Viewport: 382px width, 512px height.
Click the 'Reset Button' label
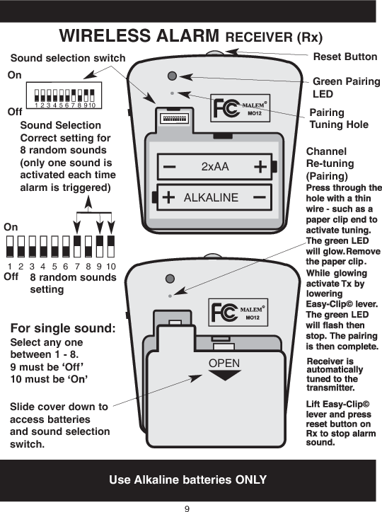[345, 57]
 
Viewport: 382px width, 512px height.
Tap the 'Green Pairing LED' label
[346, 88]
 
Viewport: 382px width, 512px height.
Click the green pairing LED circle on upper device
[172, 76]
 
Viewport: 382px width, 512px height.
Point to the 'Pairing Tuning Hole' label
[339, 119]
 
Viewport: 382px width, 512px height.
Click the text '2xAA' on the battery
[215, 167]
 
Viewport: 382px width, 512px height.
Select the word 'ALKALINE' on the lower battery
[211, 198]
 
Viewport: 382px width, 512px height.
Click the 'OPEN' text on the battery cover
[224, 363]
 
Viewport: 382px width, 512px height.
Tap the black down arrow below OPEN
[224, 376]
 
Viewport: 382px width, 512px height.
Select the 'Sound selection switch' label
[68, 58]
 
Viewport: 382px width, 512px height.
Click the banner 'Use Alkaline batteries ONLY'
[187, 479]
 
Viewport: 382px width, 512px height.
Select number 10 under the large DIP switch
[111, 267]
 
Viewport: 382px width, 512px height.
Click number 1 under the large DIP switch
[10, 267]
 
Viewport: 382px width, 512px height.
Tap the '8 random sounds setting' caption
[73, 284]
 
